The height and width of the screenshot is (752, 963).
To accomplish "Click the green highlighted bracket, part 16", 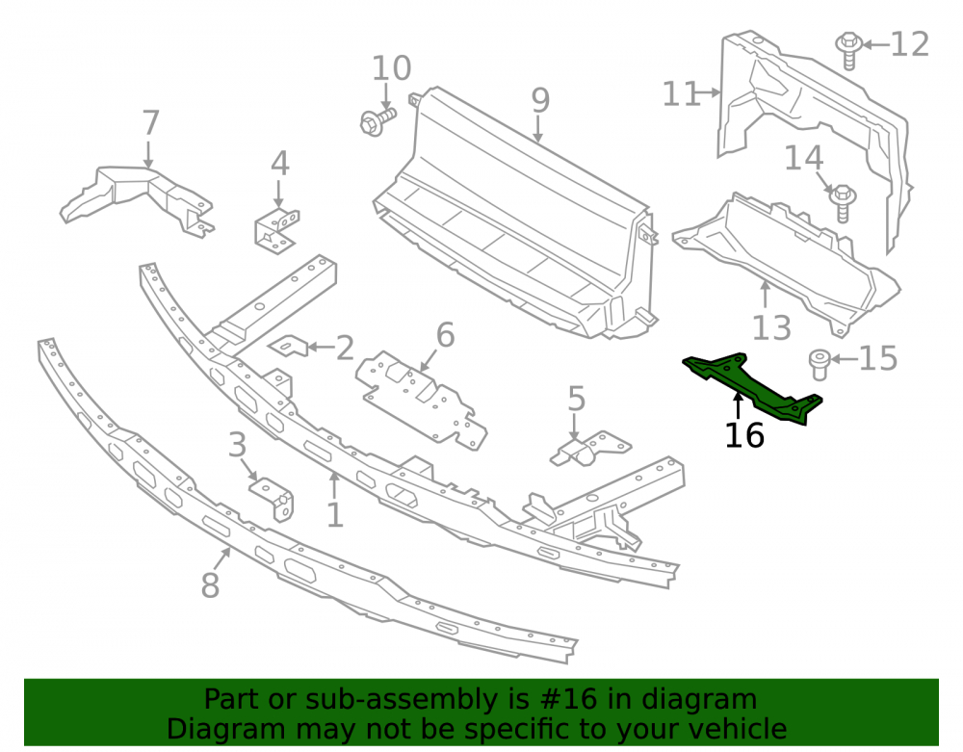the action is [x=752, y=387].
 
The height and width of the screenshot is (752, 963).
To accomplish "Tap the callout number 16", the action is [x=744, y=435].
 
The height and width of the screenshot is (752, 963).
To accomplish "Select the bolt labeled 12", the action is [x=848, y=50].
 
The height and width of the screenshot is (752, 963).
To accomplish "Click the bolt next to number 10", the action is [x=377, y=120].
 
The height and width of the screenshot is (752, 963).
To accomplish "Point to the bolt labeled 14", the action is [x=843, y=202].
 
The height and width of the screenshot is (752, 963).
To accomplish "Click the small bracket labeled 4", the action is [x=276, y=229].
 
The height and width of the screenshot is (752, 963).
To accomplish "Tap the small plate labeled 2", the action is [x=289, y=345].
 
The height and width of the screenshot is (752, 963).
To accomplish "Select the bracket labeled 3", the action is [x=273, y=498].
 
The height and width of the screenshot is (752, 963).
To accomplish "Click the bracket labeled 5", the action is [x=588, y=449].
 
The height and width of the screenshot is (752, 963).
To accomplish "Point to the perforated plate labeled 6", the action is [x=422, y=399].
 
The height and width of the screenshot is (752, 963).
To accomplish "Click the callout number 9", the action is [x=540, y=101].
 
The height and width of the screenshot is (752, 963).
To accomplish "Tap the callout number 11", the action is [x=681, y=94].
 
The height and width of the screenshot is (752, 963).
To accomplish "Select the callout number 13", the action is [x=771, y=327].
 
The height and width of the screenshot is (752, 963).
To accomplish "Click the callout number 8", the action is [x=210, y=585].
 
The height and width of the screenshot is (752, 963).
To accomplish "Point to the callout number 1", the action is [x=335, y=514].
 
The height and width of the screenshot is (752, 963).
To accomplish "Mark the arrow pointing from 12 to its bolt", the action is [x=876, y=45].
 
